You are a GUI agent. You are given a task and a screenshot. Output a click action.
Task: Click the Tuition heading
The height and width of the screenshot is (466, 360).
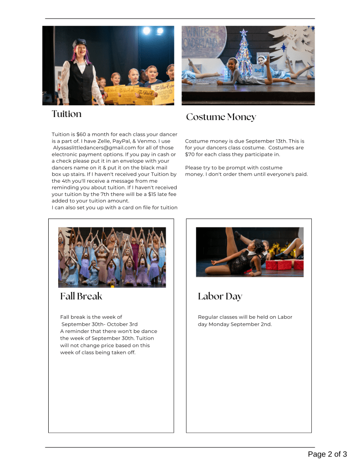click(x=66, y=114)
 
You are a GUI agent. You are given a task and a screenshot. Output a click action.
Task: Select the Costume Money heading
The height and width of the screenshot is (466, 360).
click(x=221, y=117)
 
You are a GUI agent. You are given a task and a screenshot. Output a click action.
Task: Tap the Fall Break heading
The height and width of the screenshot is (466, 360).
click(x=81, y=296)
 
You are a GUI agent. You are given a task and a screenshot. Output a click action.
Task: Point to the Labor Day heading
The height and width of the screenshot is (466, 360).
click(x=220, y=297)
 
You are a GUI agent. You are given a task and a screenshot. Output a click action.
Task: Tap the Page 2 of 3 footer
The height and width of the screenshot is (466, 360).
click(x=327, y=454)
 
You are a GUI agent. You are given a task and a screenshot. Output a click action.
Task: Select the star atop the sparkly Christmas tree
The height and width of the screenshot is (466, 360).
click(x=243, y=32)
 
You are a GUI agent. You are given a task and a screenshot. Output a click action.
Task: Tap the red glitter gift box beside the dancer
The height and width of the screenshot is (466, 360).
click(x=278, y=265)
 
